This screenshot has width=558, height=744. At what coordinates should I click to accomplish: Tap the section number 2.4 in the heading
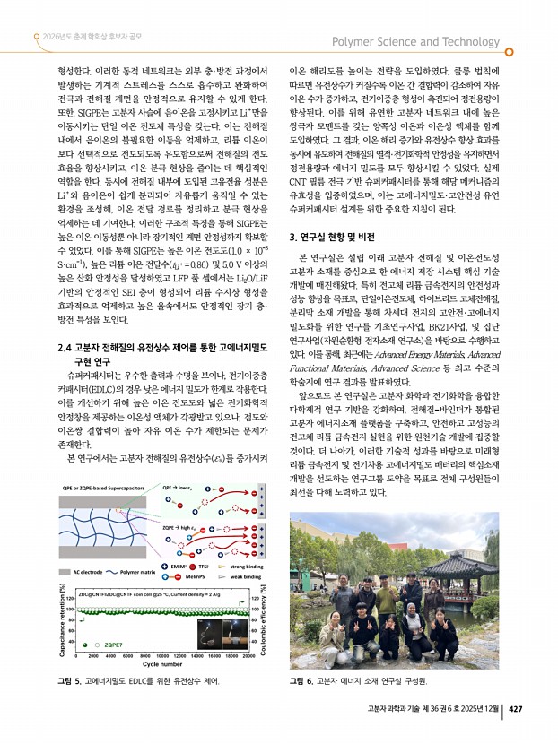point(64,346)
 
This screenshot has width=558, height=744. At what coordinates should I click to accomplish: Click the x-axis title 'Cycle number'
point(162,664)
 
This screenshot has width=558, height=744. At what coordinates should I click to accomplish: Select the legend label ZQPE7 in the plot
point(114,644)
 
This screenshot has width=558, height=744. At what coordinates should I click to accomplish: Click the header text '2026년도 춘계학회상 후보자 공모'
point(91,38)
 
